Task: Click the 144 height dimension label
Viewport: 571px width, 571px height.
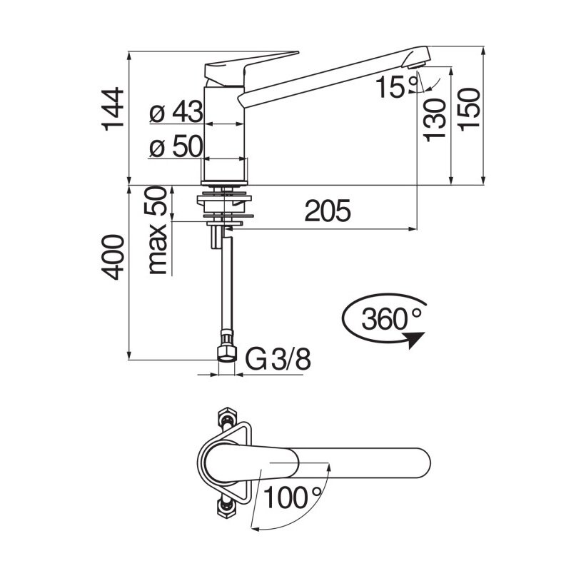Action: [x=113, y=109]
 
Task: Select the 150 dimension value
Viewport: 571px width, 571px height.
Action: [x=469, y=110]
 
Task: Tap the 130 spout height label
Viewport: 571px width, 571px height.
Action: [x=435, y=120]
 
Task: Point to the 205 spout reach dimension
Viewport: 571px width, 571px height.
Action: [x=328, y=211]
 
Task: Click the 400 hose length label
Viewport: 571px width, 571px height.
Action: [x=113, y=257]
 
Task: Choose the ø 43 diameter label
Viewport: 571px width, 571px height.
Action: [x=176, y=111]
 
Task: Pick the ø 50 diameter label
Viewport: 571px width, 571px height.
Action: [x=176, y=146]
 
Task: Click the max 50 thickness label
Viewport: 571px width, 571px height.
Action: [x=156, y=231]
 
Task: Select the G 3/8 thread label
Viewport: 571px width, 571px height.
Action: [x=278, y=360]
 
